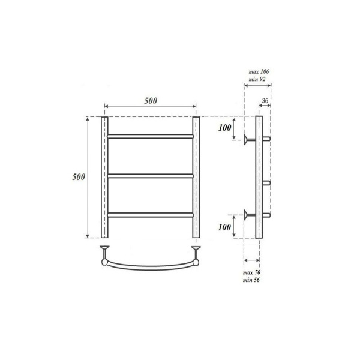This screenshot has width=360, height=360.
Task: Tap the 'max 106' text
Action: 259,72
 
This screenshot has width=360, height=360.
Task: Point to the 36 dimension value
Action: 266,100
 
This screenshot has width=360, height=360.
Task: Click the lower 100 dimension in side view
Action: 225,227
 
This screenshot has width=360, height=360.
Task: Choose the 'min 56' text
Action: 251,281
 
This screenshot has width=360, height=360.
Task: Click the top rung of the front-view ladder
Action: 150,137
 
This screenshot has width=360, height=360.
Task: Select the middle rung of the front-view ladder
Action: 150,175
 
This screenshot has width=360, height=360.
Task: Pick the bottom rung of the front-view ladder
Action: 150,214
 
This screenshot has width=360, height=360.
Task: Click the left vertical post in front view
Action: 104,177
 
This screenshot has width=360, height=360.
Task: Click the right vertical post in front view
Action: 196,177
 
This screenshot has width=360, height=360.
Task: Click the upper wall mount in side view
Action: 248,140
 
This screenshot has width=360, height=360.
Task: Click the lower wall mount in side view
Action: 248,214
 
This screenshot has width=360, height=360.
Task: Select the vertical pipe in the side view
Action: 259,177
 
